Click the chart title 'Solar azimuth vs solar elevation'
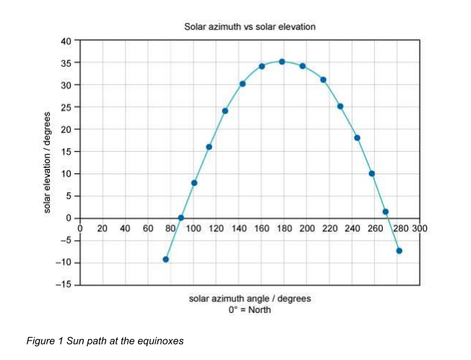click(249, 27)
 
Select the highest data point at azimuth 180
click(282, 62)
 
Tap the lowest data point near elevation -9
click(166, 259)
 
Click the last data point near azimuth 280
click(399, 251)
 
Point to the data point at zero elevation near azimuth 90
click(181, 218)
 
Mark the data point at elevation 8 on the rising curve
click(194, 183)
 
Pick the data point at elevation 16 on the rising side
click(209, 147)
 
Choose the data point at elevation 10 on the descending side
click(371, 173)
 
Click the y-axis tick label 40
click(66, 41)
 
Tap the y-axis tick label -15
click(64, 285)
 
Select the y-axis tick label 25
click(66, 108)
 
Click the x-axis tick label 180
click(284, 228)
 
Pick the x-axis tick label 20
click(103, 228)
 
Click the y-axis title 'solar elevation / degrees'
click(48, 163)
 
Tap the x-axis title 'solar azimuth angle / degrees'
click(249, 298)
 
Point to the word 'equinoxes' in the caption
click(161, 340)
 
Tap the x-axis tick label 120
click(216, 228)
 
